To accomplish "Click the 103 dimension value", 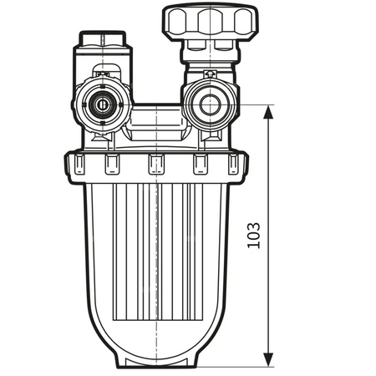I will tap(254, 236).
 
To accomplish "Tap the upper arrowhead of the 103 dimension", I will tap(267, 111).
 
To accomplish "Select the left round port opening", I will tap(102, 105).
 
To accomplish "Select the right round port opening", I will tap(205, 104).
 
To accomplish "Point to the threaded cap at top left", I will tap(101, 40).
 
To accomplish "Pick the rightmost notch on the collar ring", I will tap(236, 164).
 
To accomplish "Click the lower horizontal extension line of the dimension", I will tap(242, 366).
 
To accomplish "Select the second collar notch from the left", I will tap(112, 164).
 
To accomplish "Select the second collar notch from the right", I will tap(201, 164).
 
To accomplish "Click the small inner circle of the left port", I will tap(102, 106).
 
